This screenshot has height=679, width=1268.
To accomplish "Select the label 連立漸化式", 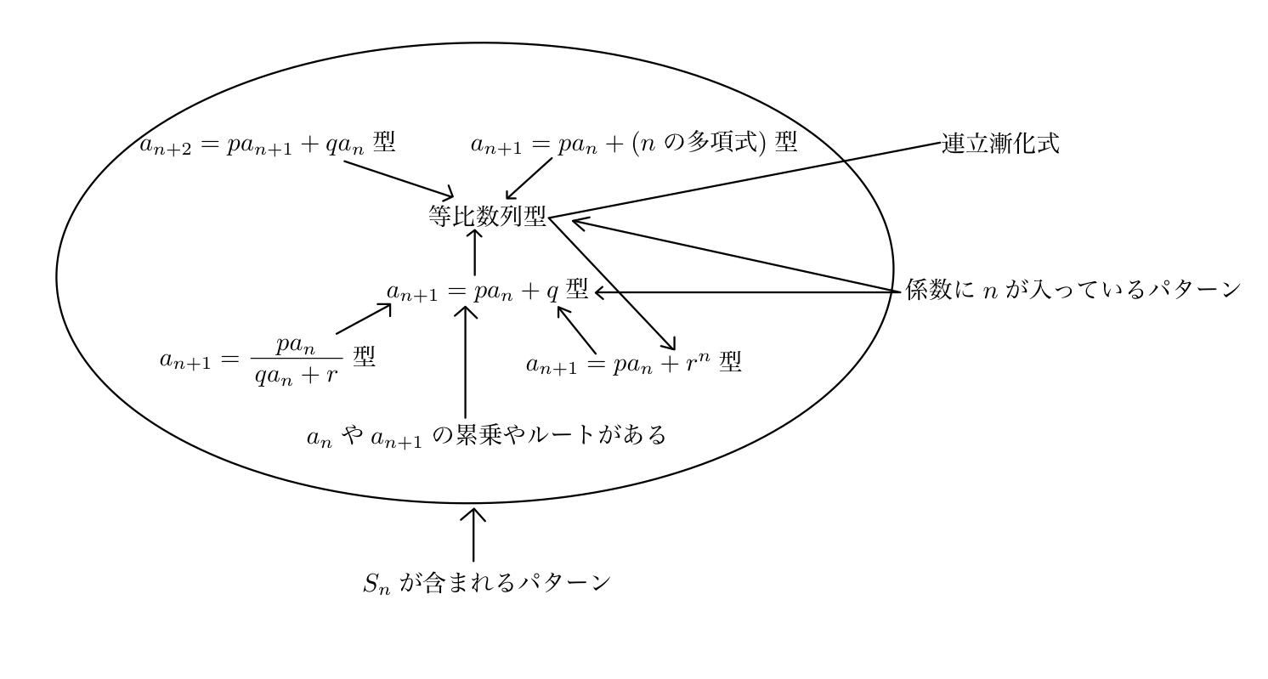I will [999, 143].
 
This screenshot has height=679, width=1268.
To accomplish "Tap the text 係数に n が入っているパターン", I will [1073, 292].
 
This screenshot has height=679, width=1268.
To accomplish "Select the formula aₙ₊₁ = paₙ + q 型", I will [487, 291].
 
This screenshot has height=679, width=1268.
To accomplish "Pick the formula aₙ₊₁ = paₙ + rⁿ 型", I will [633, 365].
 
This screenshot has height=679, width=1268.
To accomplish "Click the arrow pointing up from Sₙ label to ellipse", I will [473, 535].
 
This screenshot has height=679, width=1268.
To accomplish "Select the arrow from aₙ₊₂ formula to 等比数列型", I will [399, 178].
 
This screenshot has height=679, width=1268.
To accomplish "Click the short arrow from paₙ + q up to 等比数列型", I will [473, 252].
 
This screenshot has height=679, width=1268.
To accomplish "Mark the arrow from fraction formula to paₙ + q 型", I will [364, 320].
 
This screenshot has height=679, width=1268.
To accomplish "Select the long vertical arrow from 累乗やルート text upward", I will [464, 361].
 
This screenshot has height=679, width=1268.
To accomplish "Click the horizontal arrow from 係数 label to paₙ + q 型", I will [748, 292].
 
